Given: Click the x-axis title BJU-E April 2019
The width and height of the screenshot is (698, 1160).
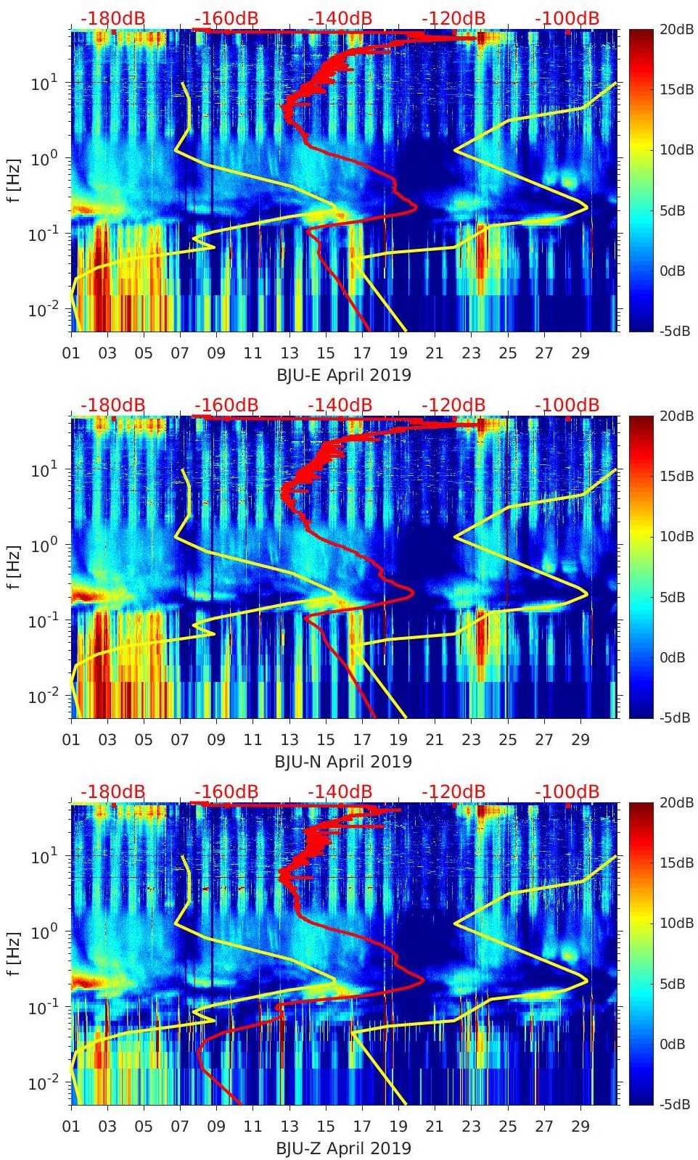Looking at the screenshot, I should (343, 375).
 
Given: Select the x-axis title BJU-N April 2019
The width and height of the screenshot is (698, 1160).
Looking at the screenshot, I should (343, 762).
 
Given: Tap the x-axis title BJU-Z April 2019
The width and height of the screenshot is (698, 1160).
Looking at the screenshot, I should (343, 1148).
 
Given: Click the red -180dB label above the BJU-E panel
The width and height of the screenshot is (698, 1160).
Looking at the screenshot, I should (112, 18).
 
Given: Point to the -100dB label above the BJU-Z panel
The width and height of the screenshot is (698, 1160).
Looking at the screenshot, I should (567, 791).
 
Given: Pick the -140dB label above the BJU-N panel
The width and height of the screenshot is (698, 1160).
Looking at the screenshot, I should (340, 405).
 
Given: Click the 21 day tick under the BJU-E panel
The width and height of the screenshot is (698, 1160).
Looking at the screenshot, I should (435, 353).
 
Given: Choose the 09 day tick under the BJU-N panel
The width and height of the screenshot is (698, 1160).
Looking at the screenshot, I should (216, 740).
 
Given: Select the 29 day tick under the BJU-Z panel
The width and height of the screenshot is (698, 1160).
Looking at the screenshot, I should (580, 1127).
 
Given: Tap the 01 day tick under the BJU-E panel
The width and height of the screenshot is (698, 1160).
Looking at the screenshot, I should (71, 353).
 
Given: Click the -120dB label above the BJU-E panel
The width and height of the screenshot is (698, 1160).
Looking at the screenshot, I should (453, 18).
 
